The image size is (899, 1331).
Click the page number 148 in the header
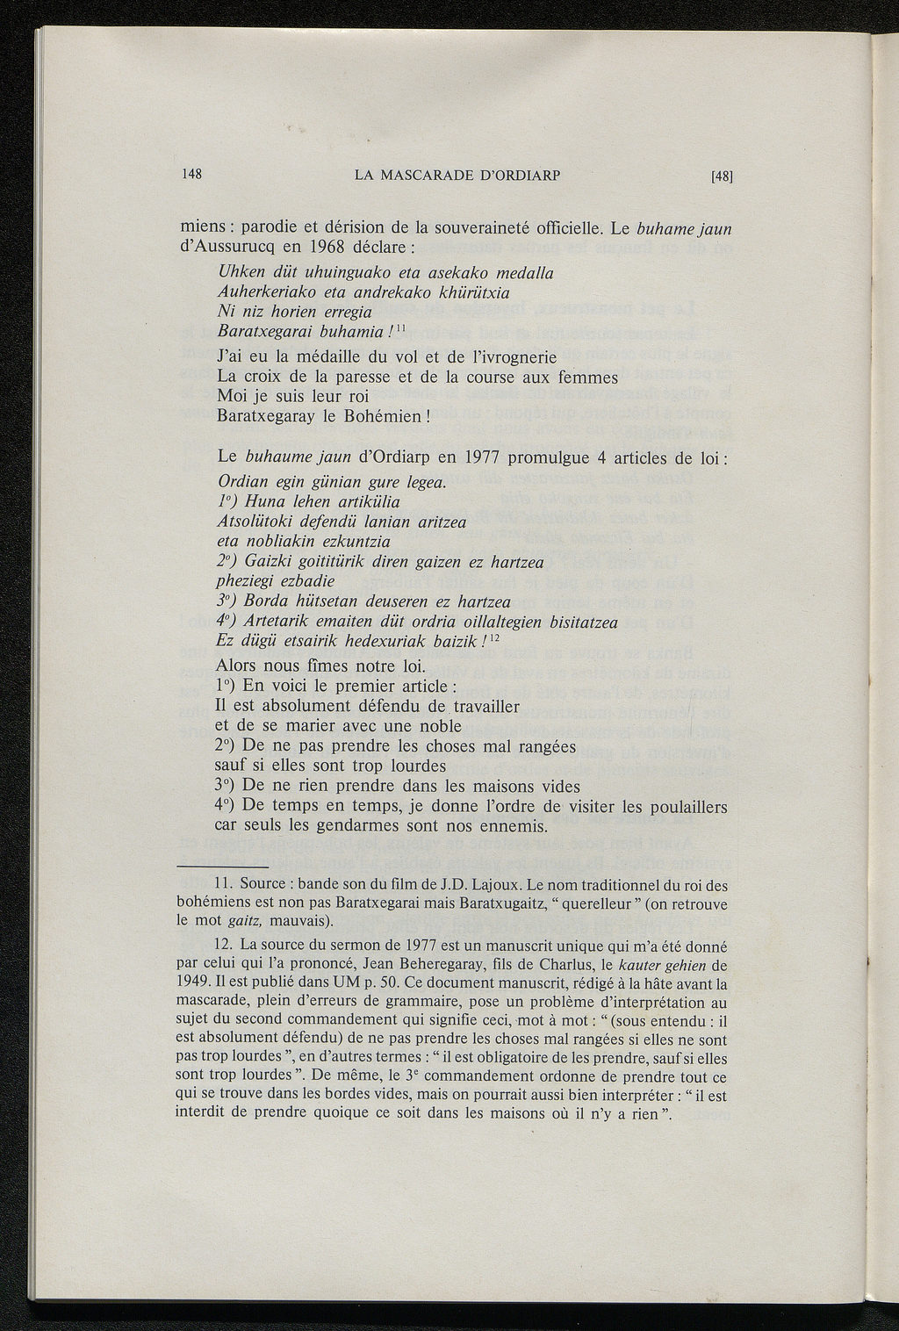click(x=191, y=174)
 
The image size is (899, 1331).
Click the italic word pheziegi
click(x=246, y=581)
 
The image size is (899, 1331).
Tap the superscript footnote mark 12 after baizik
click(x=494, y=639)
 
